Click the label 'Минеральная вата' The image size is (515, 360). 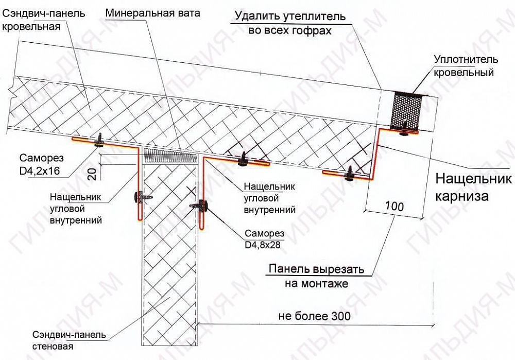coord(153,13)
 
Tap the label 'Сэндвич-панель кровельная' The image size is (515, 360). coord(43,20)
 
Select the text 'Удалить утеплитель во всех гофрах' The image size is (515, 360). coord(290,23)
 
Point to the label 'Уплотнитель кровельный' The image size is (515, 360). coord(466,66)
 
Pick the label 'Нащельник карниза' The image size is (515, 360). coord(473,187)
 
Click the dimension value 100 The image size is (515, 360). coord(394,207)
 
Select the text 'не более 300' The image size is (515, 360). coord(314,316)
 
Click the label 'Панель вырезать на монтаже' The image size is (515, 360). coord(316,276)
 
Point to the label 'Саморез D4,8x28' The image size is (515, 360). coord(264,239)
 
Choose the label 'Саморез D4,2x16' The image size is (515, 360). coord(41,164)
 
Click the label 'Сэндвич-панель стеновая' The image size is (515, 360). coord(69,340)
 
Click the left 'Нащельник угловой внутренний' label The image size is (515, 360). coord(76,209)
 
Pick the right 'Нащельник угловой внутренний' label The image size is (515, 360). coord(269,198)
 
